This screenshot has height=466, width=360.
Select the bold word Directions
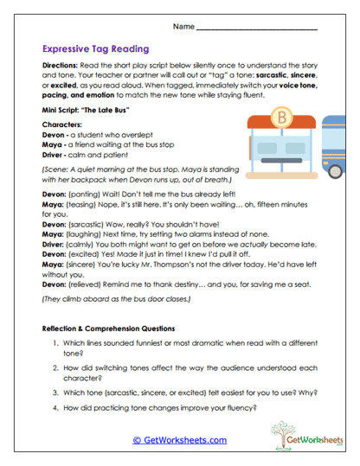(x=61, y=67)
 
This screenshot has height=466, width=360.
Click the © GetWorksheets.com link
(x=179, y=440)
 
